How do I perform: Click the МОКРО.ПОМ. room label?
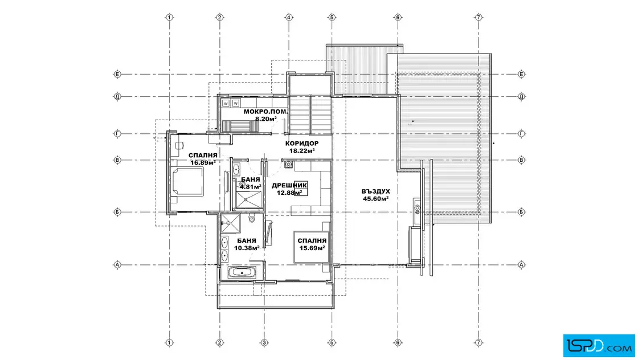pos(265,112)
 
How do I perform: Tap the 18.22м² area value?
pos(302,150)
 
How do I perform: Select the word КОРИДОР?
pos(302,143)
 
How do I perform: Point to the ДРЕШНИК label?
pos(289,186)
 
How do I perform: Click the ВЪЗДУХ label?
pos(375,191)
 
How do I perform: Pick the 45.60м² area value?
pos(375,198)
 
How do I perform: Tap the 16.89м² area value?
pos(203,163)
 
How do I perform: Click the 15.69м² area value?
pos(312,248)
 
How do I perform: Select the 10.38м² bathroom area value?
pos(247,248)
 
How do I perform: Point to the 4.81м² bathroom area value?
pos(250,187)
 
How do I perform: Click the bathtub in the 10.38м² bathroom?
pos(242,273)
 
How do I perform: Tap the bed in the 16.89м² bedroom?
pos(186,182)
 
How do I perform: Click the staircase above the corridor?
pos(310,114)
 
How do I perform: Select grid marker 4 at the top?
pos(289,18)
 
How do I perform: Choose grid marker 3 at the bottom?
pos(264,342)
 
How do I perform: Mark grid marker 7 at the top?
pos(478,18)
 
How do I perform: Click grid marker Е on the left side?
pos(117,75)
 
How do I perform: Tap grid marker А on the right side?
pos(522,265)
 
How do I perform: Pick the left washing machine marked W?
pos(226,103)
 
